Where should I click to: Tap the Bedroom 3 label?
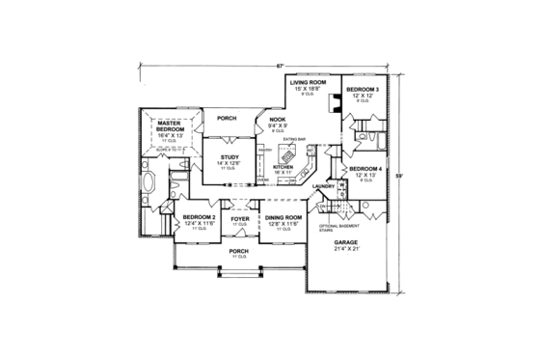tap(364, 90)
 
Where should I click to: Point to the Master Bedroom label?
tap(171, 125)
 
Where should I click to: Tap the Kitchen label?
tap(283, 167)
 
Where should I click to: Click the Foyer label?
tap(239, 218)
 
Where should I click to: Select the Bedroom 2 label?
tap(198, 218)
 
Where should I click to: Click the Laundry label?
tap(324, 184)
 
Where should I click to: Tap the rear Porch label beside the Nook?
tap(227, 119)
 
